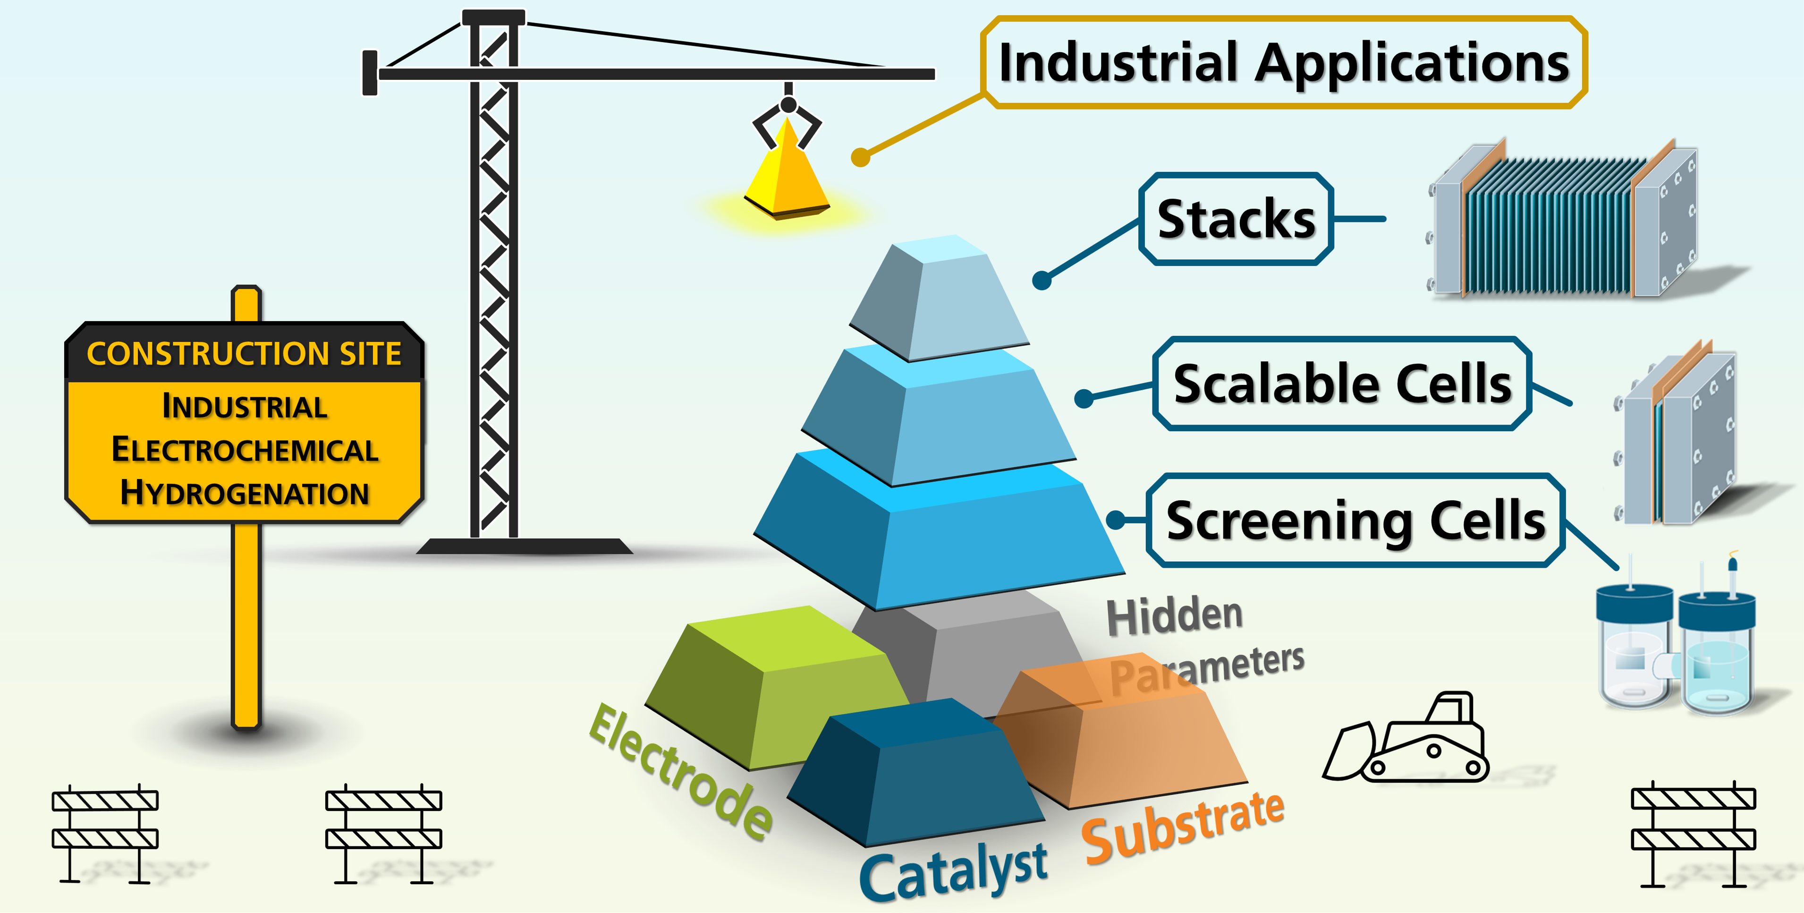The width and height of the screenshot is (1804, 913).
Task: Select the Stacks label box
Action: [x=1236, y=219]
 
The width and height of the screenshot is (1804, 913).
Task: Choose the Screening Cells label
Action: [x=1355, y=520]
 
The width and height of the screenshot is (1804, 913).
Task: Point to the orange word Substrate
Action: [x=1184, y=827]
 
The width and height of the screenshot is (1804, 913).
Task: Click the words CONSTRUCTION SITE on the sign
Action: [x=244, y=354]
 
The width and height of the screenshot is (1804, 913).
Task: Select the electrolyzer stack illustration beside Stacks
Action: [x=1562, y=221]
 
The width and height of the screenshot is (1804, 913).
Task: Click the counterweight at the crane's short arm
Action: [x=370, y=73]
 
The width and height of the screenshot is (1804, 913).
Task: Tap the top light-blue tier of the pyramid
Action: [x=939, y=298]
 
